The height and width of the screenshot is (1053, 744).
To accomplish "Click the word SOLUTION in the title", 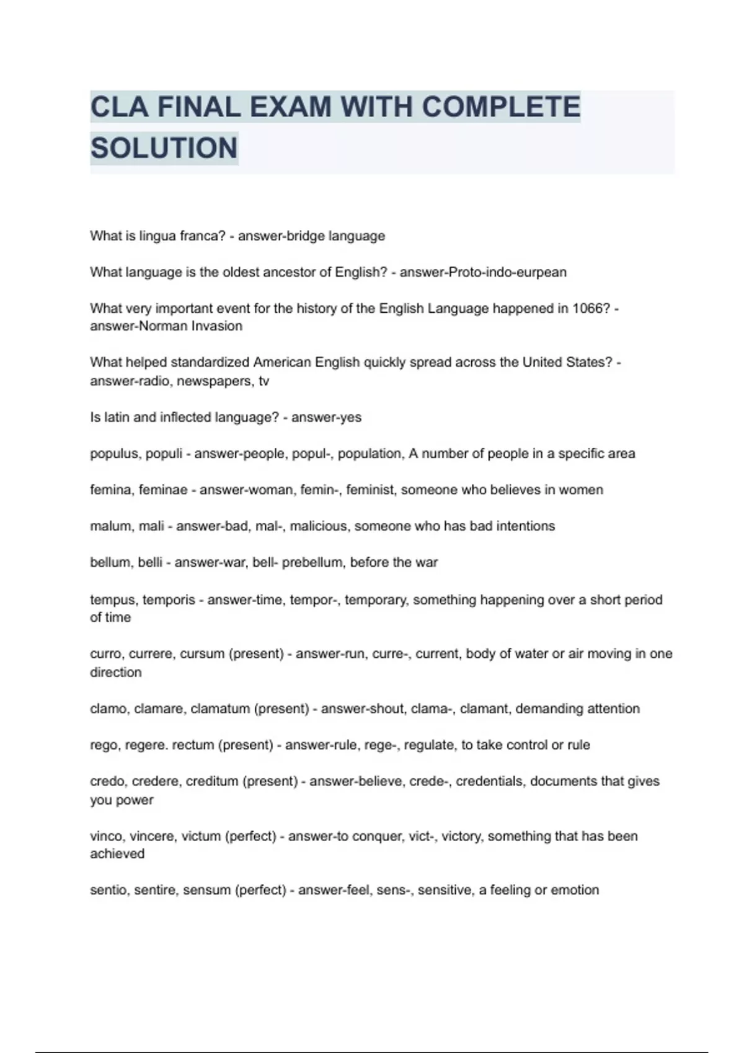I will (164, 148).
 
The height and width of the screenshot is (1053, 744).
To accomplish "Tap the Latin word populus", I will (115, 454).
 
